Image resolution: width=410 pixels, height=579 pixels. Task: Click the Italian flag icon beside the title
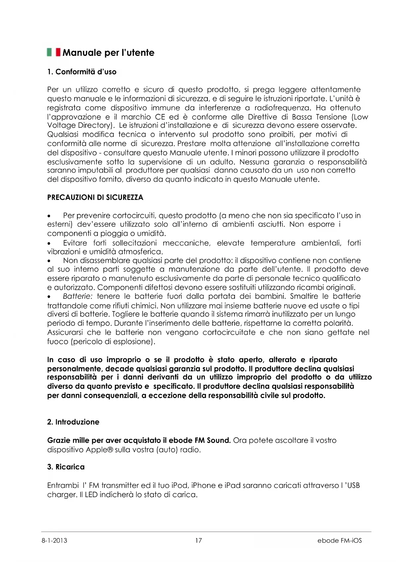(54, 52)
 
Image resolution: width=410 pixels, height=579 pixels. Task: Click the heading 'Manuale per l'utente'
(108, 53)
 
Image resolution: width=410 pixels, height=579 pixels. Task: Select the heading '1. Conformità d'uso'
(82, 72)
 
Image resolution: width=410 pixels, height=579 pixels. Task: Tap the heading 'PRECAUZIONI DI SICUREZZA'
(95, 197)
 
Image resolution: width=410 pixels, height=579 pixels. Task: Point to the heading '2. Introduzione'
(73, 422)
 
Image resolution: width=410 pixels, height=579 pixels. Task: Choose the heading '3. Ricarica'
(66, 467)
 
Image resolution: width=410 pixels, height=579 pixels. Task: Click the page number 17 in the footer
(198, 540)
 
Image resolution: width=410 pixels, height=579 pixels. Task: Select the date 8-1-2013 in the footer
(54, 540)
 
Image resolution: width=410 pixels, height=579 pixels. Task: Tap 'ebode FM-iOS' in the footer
(339, 540)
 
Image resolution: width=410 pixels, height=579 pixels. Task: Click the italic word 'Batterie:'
(78, 296)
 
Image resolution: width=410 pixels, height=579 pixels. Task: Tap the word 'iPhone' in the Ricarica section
(203, 485)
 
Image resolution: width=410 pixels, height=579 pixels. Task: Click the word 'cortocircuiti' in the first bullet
(134, 216)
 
